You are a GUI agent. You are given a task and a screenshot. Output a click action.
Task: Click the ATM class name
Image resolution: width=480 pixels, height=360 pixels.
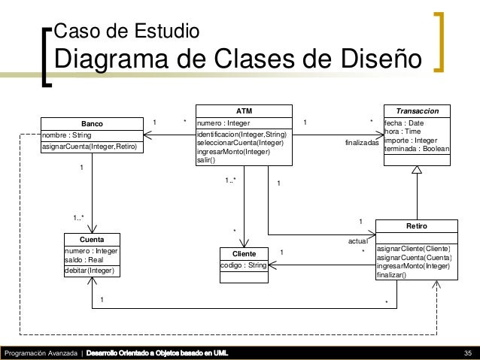pos(244,110)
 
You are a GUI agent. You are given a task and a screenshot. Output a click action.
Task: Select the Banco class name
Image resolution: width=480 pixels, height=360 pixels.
pos(92,123)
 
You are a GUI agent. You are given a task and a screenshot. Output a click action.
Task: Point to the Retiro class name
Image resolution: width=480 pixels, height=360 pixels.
pos(416,225)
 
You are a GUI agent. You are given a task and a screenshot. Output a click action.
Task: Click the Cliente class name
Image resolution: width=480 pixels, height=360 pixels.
pos(244,253)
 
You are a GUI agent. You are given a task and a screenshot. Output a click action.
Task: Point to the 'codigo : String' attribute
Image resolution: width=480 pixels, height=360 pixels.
pos(243,265)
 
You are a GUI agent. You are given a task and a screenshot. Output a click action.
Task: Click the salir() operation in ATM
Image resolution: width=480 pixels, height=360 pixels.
pos(205,160)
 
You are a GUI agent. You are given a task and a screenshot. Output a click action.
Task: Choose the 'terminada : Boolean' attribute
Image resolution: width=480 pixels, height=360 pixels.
pos(417,150)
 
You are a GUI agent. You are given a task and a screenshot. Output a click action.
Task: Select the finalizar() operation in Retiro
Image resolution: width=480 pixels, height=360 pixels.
pos(391,275)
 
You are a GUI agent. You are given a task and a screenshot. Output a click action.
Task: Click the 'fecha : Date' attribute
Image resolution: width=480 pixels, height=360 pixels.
pos(404,123)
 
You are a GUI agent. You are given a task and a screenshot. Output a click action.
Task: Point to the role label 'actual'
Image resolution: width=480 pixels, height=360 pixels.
pos(357,241)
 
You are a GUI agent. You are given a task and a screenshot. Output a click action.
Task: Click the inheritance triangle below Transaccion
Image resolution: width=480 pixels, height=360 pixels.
pos(417,170)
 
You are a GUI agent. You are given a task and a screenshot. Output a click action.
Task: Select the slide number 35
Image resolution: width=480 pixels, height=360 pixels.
pos(467,353)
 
